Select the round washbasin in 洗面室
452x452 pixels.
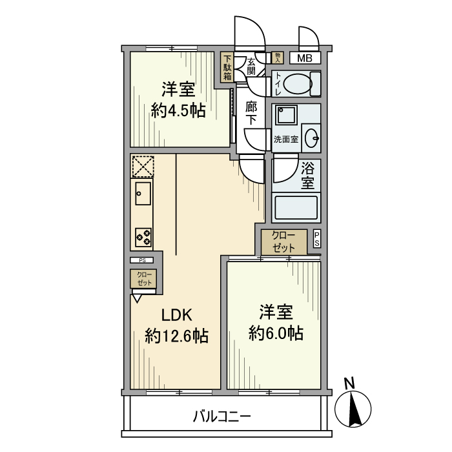click(x=312, y=137)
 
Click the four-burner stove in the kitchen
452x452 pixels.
click(x=143, y=237)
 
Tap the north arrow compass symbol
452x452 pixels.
click(x=353, y=406)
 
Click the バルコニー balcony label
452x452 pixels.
click(x=221, y=416)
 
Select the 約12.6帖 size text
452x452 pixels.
click(x=176, y=336)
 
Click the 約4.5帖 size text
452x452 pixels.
click(x=178, y=110)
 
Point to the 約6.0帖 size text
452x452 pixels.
click(x=276, y=333)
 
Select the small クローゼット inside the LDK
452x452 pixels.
click(x=143, y=279)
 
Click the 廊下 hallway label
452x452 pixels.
click(x=251, y=113)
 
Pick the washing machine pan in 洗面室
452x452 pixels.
click(x=285, y=116)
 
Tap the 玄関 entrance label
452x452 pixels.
click(x=251, y=67)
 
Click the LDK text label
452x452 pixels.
click(x=176, y=315)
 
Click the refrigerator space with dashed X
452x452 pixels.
click(x=143, y=166)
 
